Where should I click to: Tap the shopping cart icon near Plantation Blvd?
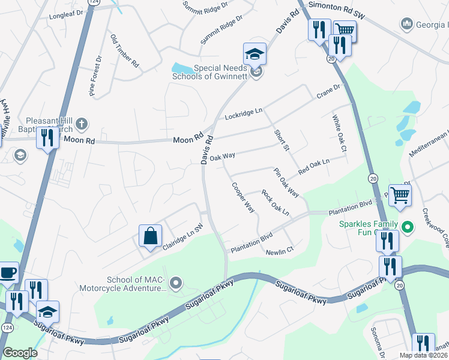click(x=400, y=194)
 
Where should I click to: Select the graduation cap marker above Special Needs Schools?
click(x=255, y=55)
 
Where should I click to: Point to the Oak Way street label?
click(x=222, y=156)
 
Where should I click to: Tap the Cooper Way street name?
click(x=244, y=197)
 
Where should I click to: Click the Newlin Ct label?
click(x=280, y=250)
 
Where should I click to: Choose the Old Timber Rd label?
click(x=125, y=51)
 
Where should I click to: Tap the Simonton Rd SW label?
click(x=336, y=5)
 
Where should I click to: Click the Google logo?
click(x=20, y=352)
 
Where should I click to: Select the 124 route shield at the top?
click(x=92, y=2)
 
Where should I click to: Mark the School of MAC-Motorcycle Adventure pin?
click(x=176, y=282)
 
